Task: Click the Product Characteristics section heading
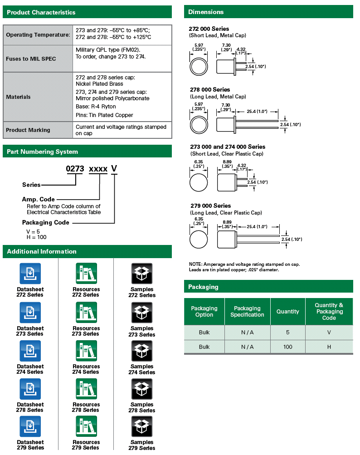41,12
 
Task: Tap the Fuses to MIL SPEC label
31,59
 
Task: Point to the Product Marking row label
28,130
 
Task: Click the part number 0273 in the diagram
75,169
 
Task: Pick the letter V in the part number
114,169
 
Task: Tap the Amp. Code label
39,199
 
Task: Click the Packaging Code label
46,222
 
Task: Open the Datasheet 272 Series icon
30,274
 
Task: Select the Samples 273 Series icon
142,313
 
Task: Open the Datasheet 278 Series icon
30,389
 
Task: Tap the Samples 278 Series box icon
142,389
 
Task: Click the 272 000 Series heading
209,29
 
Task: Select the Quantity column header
287,312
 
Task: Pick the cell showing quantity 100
287,347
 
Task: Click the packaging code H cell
329,347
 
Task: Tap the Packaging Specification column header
247,312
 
